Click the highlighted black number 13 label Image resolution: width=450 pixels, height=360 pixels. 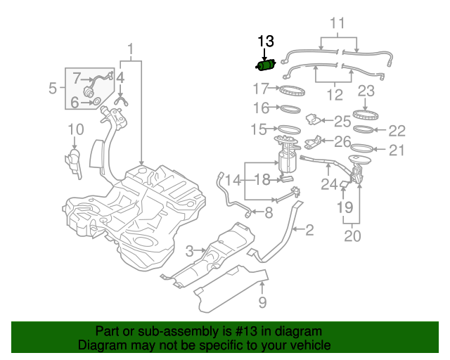[266, 42]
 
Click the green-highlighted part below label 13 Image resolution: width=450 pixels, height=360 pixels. [265, 65]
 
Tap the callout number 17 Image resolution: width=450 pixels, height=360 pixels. [261, 89]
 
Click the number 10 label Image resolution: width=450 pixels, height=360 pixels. [76, 129]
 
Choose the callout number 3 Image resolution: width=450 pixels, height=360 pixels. [189, 251]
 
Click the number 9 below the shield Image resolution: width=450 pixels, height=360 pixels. [262, 303]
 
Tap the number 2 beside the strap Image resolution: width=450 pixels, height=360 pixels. [309, 229]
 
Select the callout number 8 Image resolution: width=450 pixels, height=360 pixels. [268, 212]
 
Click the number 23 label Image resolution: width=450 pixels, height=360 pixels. [366, 90]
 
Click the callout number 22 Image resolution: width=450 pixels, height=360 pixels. [397, 130]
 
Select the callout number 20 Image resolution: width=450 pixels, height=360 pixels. [352, 236]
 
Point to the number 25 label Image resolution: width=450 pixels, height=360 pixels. [342, 121]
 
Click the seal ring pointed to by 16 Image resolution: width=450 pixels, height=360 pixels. [289, 109]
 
